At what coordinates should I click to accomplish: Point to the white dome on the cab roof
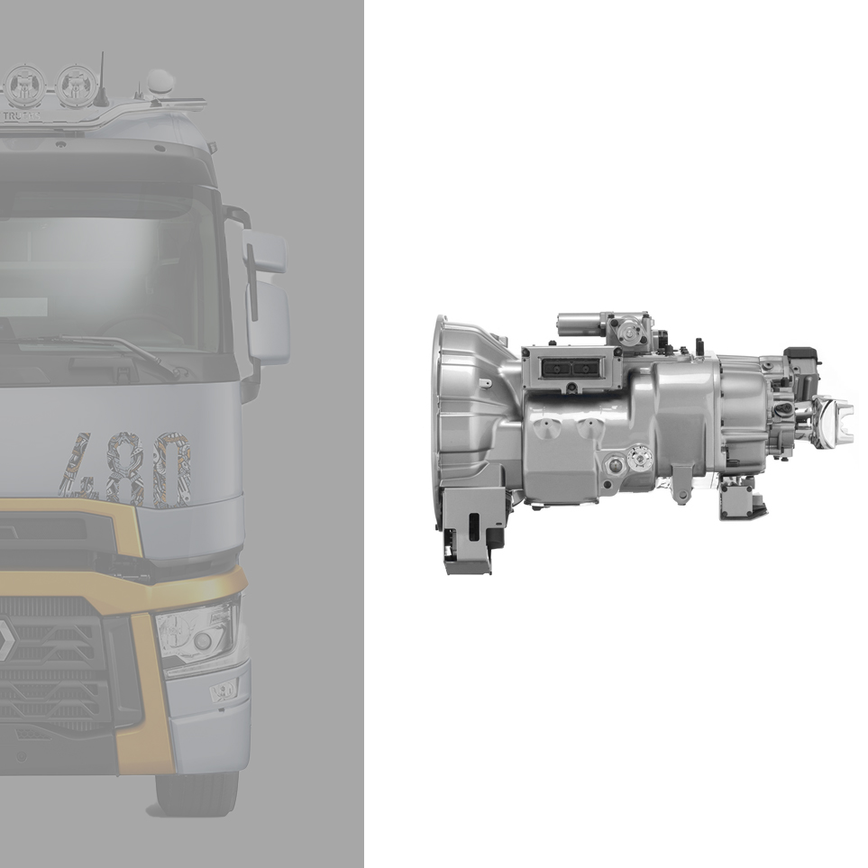[x=159, y=83]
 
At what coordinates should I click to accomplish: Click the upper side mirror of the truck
[x=263, y=251]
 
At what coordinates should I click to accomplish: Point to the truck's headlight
[x=196, y=632]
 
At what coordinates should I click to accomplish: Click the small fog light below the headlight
[x=223, y=690]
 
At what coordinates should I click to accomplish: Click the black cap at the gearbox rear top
[x=800, y=355]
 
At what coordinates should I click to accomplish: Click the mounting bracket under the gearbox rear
[x=736, y=498]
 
